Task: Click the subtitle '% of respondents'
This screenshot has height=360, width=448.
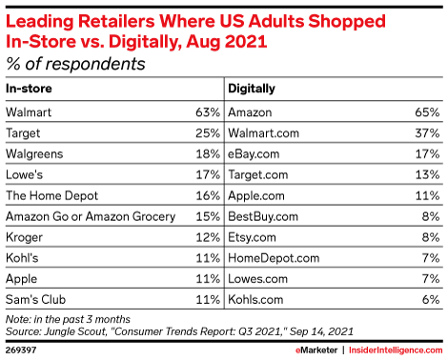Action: (76, 64)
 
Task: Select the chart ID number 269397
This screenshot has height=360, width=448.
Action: (23, 349)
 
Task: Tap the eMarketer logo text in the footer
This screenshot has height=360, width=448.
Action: (312, 349)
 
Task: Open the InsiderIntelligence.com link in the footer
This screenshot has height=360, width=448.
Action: (393, 349)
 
